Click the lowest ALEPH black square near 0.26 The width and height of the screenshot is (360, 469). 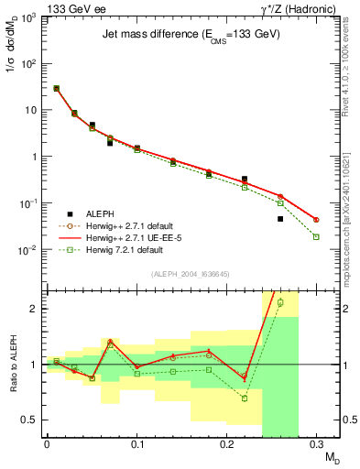click(x=280, y=219)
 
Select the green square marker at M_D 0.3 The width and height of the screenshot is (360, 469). click(x=316, y=237)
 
